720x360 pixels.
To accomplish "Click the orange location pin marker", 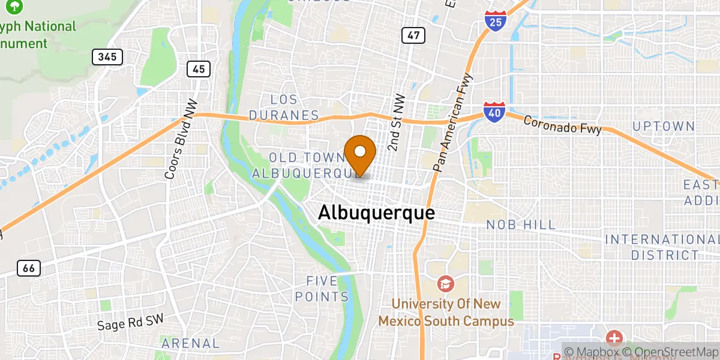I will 361,153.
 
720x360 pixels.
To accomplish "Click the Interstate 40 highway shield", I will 494,112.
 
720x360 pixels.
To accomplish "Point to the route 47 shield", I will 413,35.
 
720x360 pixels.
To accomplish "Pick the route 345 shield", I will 107,57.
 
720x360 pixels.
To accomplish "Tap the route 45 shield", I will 198,69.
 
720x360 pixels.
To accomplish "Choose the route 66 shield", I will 29,268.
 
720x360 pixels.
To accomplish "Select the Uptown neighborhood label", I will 664,127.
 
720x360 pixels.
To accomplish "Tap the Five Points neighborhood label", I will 328,289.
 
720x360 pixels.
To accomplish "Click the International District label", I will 660,247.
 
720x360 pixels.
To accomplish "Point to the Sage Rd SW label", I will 130,323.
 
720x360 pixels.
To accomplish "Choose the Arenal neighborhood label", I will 190,344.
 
